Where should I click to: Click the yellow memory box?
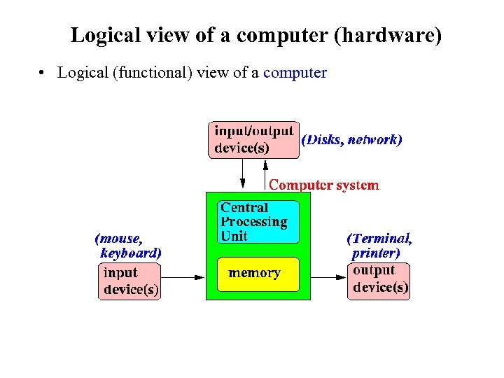[258, 274]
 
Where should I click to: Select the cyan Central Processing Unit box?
[258, 222]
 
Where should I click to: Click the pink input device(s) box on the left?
[130, 281]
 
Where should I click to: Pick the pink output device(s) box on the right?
[379, 281]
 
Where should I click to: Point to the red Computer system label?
[324, 185]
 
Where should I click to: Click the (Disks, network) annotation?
[351, 139]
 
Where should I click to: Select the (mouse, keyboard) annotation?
[129, 245]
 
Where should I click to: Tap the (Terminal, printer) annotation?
[379, 245]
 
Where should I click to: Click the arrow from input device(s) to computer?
[182, 278]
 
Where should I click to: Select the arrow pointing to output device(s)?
[329, 278]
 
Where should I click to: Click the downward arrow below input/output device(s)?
[242, 174]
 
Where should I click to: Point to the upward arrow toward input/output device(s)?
[265, 174]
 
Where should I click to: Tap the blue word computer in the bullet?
[295, 73]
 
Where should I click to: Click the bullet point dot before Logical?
[43, 73]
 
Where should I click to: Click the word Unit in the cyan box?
[234, 237]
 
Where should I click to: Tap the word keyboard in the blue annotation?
[131, 253]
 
